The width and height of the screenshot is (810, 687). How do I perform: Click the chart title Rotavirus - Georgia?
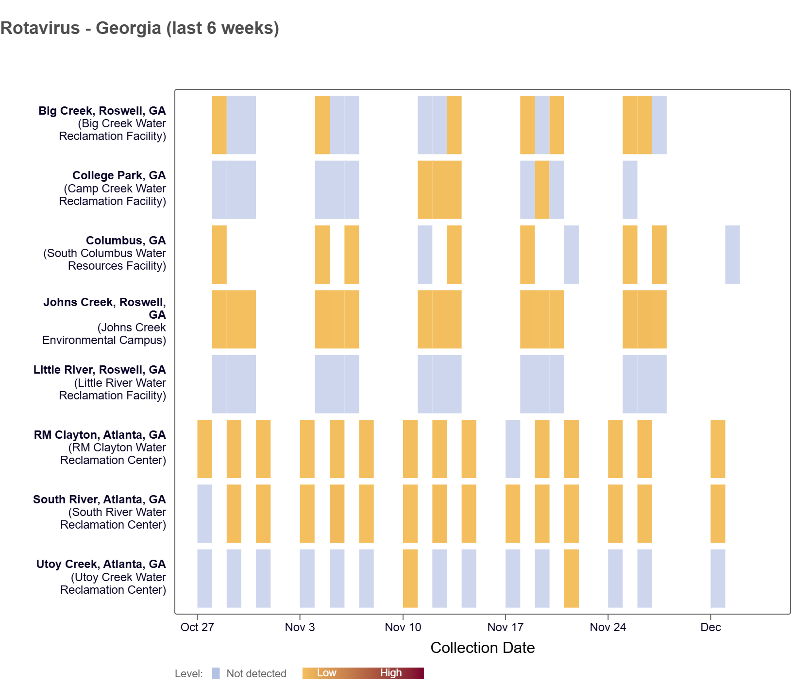pyautogui.click(x=140, y=28)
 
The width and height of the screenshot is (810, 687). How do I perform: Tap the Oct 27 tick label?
pyautogui.click(x=197, y=627)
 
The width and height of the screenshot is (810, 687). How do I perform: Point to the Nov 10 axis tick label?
pyautogui.click(x=403, y=627)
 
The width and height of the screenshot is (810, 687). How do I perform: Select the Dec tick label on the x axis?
pyautogui.click(x=710, y=627)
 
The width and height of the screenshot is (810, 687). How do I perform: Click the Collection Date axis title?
pyautogui.click(x=482, y=648)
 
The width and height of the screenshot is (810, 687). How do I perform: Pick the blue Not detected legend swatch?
pyautogui.click(x=216, y=673)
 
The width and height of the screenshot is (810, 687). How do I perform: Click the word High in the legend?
pyautogui.click(x=391, y=673)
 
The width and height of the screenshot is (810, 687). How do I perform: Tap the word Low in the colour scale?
pyautogui.click(x=326, y=673)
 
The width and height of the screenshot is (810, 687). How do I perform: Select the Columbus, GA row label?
pyautogui.click(x=126, y=240)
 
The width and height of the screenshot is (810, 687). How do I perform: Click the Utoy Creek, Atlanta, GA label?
pyautogui.click(x=101, y=564)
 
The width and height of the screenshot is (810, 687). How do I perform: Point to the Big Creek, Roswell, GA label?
pyautogui.click(x=102, y=111)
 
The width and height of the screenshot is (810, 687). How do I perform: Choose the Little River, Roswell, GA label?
pyautogui.click(x=100, y=370)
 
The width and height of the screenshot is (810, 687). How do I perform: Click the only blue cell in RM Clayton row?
pyautogui.click(x=513, y=449)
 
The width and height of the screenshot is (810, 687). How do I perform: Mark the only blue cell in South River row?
pyautogui.click(x=204, y=514)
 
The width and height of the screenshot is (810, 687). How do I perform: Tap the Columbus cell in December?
pyautogui.click(x=732, y=255)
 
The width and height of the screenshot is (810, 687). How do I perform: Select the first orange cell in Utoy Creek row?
pyautogui.click(x=410, y=578)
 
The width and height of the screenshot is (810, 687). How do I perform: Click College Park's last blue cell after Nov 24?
pyautogui.click(x=630, y=189)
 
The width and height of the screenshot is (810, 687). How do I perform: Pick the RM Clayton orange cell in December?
pyautogui.click(x=718, y=449)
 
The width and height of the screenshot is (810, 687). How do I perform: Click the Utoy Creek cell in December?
pyautogui.click(x=718, y=578)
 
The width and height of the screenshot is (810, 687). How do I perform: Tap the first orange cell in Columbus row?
pyautogui.click(x=219, y=255)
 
